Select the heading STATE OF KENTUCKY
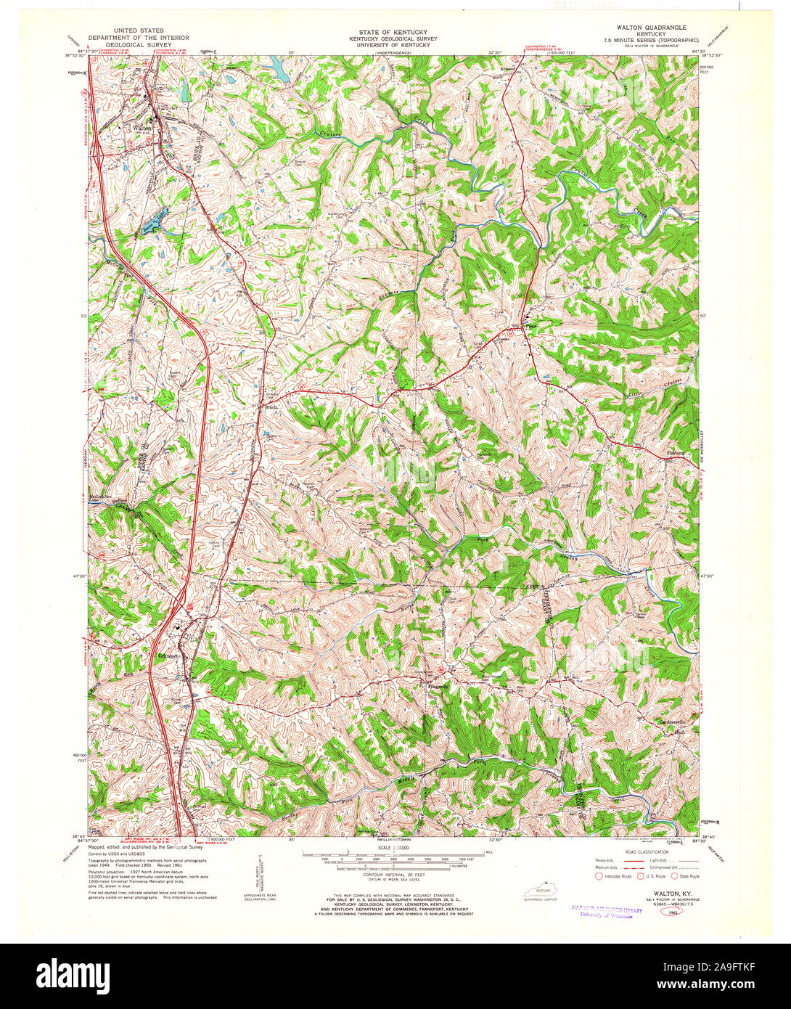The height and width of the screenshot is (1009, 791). click(x=393, y=33)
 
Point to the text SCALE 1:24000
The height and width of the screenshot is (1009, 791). click(x=393, y=847)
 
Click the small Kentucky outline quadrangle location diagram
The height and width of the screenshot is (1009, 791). click(x=538, y=890)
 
